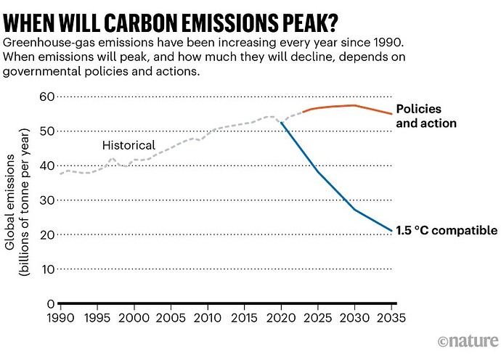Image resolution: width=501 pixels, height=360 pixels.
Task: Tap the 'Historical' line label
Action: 129,146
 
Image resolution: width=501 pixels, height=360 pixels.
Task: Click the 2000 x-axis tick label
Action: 134,319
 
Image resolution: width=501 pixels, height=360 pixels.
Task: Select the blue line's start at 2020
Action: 282,123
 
